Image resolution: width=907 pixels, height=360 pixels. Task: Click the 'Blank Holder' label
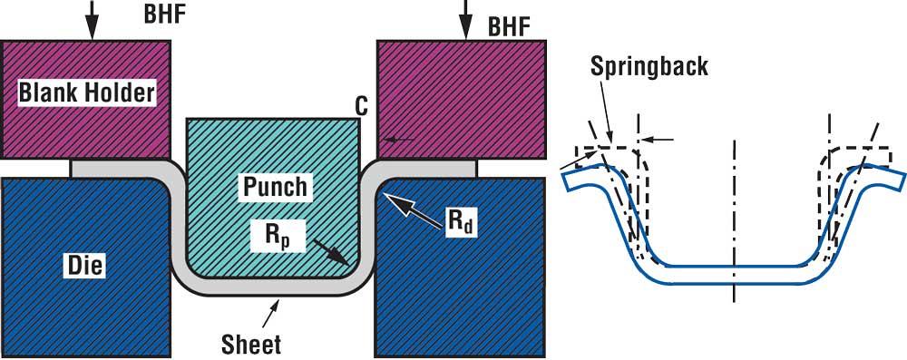[87, 92]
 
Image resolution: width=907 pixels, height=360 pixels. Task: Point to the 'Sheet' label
[250, 345]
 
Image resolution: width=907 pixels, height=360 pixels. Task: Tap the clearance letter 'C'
[361, 106]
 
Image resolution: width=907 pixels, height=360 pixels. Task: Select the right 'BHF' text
[508, 26]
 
